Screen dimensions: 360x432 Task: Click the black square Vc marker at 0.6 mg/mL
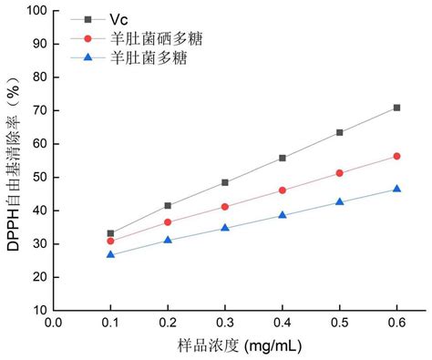[396, 108]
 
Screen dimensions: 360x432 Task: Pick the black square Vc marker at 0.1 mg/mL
[111, 233]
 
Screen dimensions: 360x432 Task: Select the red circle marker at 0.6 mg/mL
[396, 156]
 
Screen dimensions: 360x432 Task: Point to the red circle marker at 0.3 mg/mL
[225, 207]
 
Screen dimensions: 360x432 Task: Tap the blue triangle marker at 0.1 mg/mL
[111, 254]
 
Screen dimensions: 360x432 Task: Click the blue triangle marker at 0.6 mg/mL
[396, 189]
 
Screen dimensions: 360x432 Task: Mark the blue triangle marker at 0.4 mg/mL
[283, 215]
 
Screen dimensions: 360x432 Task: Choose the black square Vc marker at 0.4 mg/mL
[283, 158]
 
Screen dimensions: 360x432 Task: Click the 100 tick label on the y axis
[37, 11]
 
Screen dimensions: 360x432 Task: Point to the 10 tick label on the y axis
[41, 310]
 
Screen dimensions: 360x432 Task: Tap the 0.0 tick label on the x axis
[54, 322]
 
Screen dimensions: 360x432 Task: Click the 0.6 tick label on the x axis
[396, 322]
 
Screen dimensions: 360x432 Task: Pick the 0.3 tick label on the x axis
[225, 322]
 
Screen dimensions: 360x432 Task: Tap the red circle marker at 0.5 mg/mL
[339, 173]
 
